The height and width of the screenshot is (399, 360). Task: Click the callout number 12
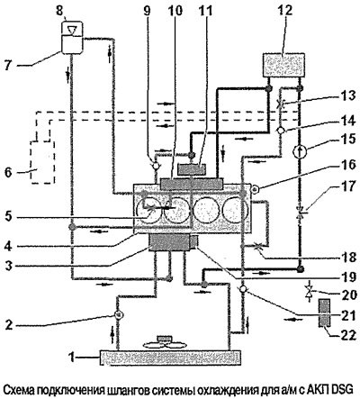283,12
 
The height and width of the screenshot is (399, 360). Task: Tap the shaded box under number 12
283,65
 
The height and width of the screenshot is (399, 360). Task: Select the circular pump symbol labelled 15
300,151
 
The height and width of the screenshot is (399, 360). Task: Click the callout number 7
8,65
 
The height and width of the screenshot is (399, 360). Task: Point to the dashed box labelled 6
42,161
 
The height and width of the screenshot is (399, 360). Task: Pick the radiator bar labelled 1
170,358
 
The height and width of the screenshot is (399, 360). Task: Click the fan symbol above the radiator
164,343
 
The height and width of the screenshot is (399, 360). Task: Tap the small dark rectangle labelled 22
324,313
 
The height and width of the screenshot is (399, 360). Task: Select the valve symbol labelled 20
308,290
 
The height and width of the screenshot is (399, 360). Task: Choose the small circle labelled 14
281,131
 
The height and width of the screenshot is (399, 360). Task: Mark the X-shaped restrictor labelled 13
280,104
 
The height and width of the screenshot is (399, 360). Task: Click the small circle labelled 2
119,314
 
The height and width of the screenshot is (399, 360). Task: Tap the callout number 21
348,314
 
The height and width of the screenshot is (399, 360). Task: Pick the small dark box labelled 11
192,169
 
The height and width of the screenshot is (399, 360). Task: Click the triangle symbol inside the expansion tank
72,31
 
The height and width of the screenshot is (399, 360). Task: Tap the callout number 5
9,217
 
